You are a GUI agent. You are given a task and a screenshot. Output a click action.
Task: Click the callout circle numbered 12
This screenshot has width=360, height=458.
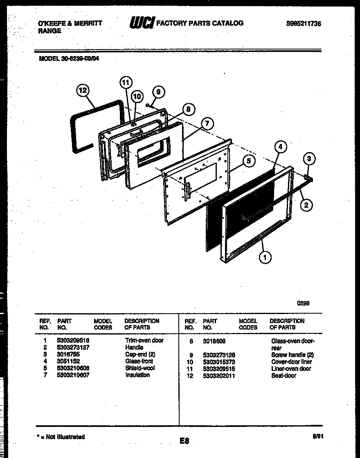click(x=83, y=91)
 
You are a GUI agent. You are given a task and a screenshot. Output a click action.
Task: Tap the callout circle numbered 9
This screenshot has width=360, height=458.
click(x=158, y=92)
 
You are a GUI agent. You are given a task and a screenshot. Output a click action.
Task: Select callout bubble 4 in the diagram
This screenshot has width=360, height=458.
click(x=280, y=147)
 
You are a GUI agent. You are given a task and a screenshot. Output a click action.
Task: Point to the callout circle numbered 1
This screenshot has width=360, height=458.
click(x=265, y=257)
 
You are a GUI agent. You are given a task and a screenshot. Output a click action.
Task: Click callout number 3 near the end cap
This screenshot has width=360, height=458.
click(x=310, y=159)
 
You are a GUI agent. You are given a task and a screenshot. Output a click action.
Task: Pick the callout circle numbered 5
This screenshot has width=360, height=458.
click(x=248, y=161)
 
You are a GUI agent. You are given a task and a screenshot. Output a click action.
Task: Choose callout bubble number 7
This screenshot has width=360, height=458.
click(x=208, y=123)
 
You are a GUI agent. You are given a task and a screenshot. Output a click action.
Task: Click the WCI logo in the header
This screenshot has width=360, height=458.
click(x=142, y=23)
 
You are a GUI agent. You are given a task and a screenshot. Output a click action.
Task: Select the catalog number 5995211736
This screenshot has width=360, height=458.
click(x=304, y=24)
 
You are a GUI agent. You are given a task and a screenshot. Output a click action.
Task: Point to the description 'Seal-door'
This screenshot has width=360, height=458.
click(x=283, y=375)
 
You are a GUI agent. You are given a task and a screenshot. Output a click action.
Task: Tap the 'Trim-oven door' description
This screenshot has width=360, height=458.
click(x=144, y=340)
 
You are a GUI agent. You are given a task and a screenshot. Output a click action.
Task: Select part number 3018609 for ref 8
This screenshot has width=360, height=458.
click(x=214, y=341)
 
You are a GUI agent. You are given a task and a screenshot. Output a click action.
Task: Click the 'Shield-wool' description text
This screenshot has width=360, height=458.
click(x=140, y=368)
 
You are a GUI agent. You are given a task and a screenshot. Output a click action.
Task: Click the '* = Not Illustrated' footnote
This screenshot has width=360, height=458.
click(x=61, y=437)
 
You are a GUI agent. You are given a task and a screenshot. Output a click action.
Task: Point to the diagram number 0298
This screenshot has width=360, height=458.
click(x=303, y=303)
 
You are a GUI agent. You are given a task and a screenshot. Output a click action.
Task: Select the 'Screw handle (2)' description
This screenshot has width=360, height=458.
click(x=292, y=355)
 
